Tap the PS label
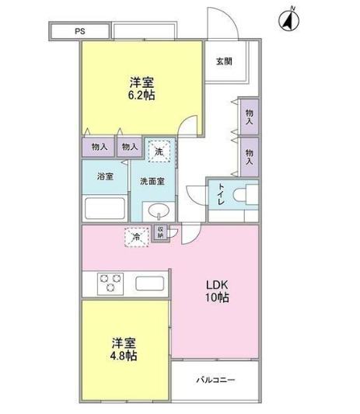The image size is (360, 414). coord(80,32)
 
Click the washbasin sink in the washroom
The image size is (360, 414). coord(159,210)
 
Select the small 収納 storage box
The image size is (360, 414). coord(161,232)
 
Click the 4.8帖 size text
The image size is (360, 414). coord(123,356)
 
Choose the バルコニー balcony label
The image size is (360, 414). coord(215,380)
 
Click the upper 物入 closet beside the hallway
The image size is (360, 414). coord(250,117)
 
